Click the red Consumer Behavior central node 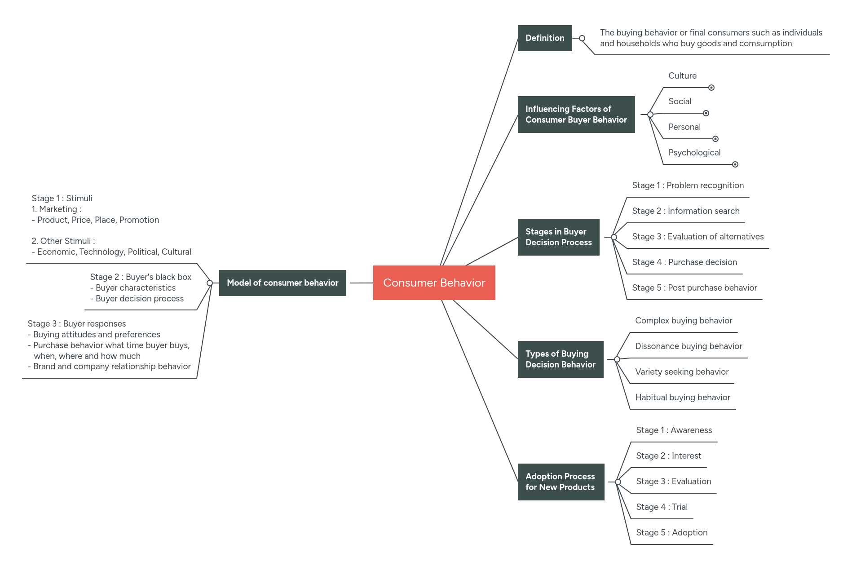click(434, 283)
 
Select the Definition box click(544, 38)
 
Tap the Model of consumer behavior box click(283, 283)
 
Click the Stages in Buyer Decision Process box click(558, 237)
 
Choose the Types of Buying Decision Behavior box click(560, 359)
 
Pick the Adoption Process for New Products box click(561, 482)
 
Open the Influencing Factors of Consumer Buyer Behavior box click(576, 115)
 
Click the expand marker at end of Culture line click(711, 88)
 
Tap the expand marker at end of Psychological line click(735, 164)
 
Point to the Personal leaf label click(684, 127)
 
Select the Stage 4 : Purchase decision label click(684, 262)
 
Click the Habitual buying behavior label click(682, 398)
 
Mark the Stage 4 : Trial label click(662, 507)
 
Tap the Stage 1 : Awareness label click(674, 430)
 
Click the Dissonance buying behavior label click(688, 346)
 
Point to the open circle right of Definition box click(582, 38)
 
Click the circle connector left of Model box click(210, 283)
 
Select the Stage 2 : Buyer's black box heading click(141, 277)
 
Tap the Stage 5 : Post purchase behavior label click(694, 288)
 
